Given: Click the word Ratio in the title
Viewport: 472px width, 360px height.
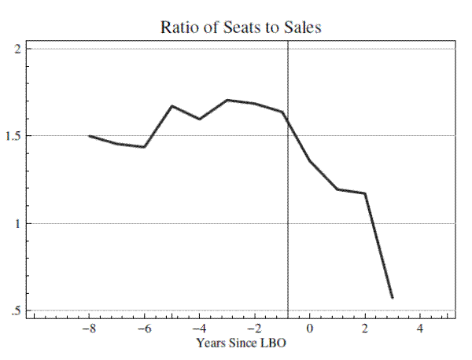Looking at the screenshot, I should (179, 27).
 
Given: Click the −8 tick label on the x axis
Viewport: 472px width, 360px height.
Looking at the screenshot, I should (89, 329).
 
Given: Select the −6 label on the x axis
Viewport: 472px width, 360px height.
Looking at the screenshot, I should (144, 329).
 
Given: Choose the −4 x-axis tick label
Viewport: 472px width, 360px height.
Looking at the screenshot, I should (199, 329).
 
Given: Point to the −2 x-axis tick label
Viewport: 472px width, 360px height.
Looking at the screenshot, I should (254, 329).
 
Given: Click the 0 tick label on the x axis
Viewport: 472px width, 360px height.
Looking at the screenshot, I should (310, 329).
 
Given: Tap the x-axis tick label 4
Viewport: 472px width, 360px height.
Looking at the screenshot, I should (420, 329).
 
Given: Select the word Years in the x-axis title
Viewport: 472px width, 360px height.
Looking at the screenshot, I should (212, 343).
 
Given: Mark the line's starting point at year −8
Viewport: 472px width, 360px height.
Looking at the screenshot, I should (90, 136).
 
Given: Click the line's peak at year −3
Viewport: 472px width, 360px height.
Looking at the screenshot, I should (227, 100).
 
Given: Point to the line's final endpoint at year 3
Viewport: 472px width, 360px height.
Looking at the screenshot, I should (392, 298).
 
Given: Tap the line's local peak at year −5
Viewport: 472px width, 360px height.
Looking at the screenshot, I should (172, 106).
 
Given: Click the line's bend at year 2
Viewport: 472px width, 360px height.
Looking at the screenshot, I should (365, 193).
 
